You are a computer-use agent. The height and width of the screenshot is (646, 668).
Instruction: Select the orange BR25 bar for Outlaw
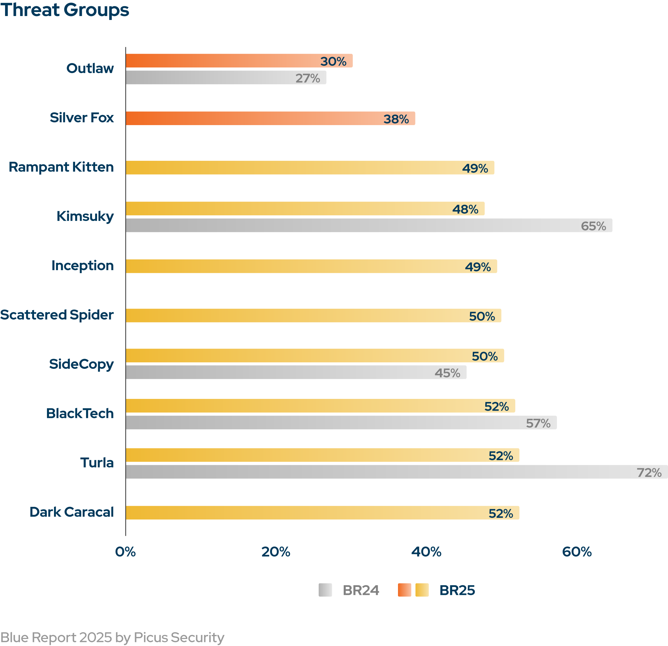point(222,61)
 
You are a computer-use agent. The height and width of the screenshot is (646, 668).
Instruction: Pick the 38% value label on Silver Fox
point(396,119)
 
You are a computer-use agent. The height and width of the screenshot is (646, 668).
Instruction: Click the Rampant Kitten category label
point(61,167)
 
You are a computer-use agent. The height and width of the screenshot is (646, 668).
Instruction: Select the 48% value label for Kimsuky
point(465,209)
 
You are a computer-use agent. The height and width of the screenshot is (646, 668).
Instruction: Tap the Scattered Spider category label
point(57,315)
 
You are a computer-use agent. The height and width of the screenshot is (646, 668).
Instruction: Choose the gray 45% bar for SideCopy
point(273,372)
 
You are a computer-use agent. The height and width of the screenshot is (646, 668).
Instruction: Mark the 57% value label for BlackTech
point(538,423)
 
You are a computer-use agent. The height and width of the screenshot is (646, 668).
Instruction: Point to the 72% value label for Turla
point(649,473)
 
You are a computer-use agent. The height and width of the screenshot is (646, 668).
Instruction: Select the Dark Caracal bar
point(307,513)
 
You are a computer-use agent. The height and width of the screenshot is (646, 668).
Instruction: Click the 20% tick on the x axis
point(276,552)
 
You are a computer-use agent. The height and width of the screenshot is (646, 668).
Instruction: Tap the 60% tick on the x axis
point(577,552)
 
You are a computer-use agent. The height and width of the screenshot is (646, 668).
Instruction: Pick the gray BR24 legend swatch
point(325,590)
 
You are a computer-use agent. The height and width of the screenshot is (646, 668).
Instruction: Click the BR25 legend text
point(457,590)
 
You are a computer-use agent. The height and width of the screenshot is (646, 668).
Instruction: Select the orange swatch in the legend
point(404,590)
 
